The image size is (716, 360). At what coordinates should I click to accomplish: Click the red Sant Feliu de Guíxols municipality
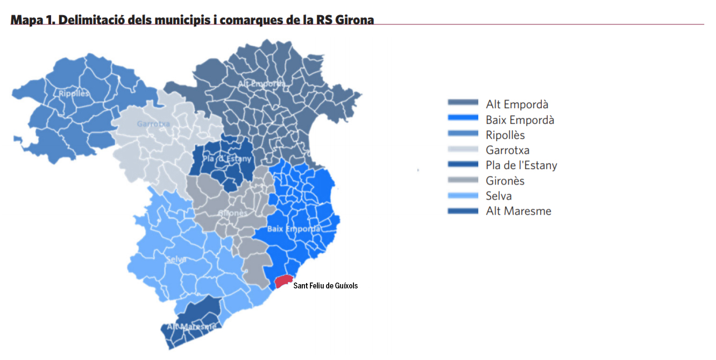tap(283, 281)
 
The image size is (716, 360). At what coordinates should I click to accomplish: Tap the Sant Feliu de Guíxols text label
tap(325, 286)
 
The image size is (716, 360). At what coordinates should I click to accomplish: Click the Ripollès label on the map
tap(74, 94)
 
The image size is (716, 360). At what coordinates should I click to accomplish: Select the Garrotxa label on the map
tap(153, 124)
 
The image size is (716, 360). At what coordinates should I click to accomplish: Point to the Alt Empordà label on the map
tap(261, 83)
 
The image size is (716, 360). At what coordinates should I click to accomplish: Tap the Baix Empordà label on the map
tap(294, 229)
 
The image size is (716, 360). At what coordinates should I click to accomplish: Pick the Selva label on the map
tap(176, 259)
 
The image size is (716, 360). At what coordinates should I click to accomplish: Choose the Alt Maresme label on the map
tap(191, 327)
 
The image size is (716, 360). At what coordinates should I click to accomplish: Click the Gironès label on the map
tap(232, 213)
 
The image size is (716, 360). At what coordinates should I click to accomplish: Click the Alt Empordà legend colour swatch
tap(463, 103)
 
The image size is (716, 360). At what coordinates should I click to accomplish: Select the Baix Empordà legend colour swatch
tap(463, 118)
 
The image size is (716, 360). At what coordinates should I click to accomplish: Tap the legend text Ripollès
tap(505, 135)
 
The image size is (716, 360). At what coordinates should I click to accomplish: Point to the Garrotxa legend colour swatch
tap(463, 150)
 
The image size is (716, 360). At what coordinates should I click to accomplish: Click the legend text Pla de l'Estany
tap(521, 165)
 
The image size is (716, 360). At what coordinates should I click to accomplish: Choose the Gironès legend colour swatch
tap(463, 180)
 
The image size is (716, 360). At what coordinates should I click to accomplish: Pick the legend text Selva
tap(499, 196)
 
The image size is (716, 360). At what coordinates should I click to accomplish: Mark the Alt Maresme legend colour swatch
tap(463, 211)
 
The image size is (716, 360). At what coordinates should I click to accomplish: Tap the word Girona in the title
tap(354, 20)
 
